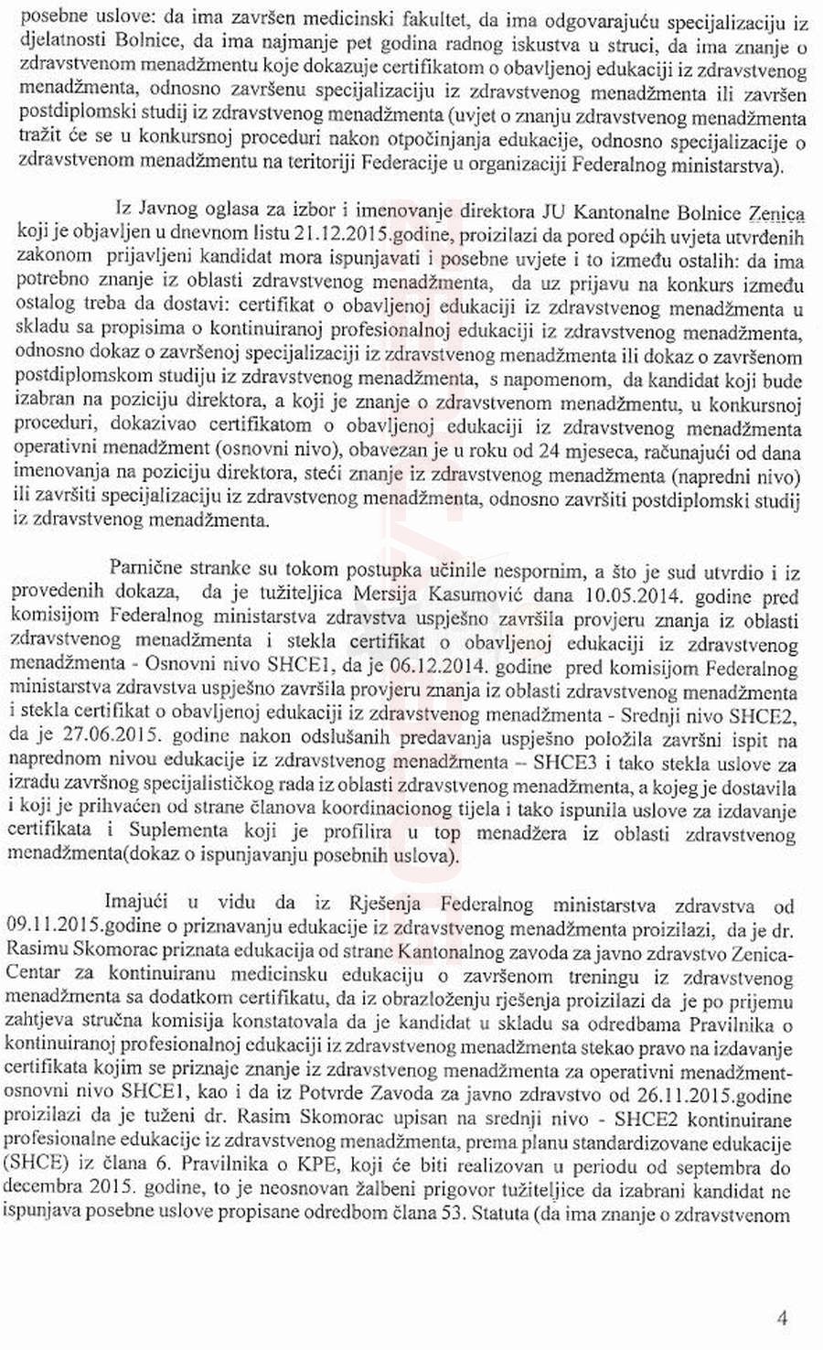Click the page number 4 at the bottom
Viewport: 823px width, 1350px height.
[x=781, y=1318]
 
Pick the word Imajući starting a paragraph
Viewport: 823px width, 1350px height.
[x=138, y=905]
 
